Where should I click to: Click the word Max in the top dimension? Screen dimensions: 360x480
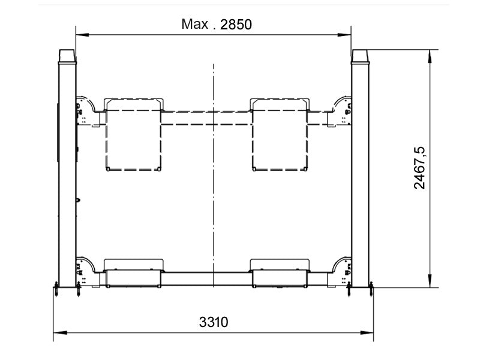tap(194, 25)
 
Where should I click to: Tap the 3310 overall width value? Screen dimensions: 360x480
tap(214, 322)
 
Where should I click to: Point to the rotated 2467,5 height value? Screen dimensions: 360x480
tap(419, 168)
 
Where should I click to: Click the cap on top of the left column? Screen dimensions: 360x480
tap(67, 55)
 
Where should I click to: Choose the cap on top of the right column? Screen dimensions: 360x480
tap(360, 55)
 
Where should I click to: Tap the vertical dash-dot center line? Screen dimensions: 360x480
tap(213, 180)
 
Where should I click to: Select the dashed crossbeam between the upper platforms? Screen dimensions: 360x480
tap(207, 118)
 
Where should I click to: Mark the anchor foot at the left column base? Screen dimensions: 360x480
tap(56, 290)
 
